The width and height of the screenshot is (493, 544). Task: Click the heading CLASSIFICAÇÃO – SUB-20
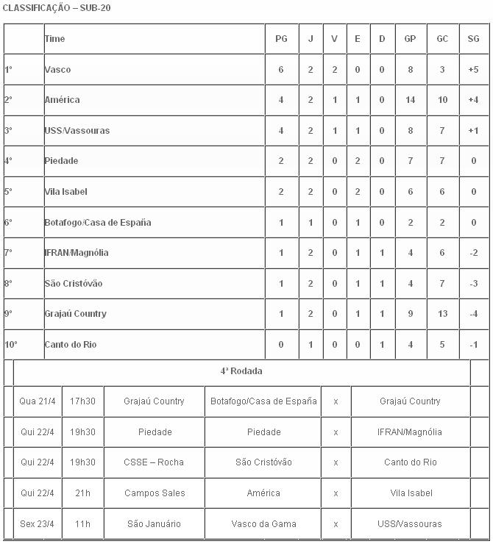[x=57, y=8]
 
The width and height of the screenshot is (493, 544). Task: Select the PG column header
[x=281, y=39]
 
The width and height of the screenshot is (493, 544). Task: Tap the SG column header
[x=473, y=39]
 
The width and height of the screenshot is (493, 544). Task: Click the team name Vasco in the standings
[x=57, y=69]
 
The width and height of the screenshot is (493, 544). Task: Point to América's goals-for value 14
[x=410, y=100]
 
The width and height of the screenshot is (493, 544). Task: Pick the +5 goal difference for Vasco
[x=473, y=69]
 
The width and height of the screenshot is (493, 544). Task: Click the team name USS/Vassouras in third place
[x=77, y=131]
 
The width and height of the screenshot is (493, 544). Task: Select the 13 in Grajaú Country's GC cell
[x=442, y=314]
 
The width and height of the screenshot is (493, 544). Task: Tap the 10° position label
[x=11, y=345]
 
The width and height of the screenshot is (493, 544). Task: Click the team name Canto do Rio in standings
[x=70, y=345]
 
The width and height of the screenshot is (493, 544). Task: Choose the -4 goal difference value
[x=473, y=314]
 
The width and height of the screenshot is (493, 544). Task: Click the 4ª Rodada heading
[x=241, y=371]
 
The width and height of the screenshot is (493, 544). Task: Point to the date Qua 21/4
[x=38, y=401]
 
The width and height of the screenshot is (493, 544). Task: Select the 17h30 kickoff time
[x=82, y=401]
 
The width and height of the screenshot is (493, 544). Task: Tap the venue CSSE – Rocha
[x=154, y=462]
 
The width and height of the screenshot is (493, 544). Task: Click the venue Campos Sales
[x=154, y=493]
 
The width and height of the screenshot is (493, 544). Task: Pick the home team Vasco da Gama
[x=263, y=524]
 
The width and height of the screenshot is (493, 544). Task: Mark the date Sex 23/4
[x=38, y=524]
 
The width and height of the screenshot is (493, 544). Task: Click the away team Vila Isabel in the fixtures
[x=411, y=493]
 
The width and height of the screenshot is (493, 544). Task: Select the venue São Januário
[x=154, y=524]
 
